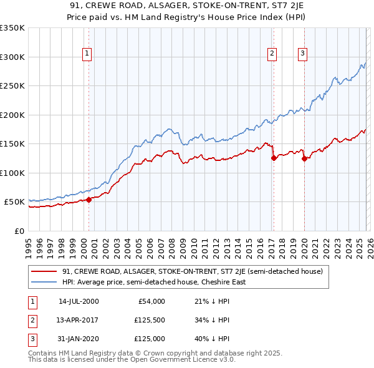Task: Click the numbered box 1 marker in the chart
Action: (87, 54)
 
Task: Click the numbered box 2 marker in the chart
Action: (272, 54)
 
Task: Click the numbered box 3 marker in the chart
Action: (302, 54)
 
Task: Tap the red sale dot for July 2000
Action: (89, 200)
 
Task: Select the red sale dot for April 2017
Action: (273, 158)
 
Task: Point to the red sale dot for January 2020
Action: (304, 158)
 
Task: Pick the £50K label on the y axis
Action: (14, 202)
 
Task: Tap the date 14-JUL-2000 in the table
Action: (79, 301)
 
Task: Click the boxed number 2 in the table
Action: (31, 320)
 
